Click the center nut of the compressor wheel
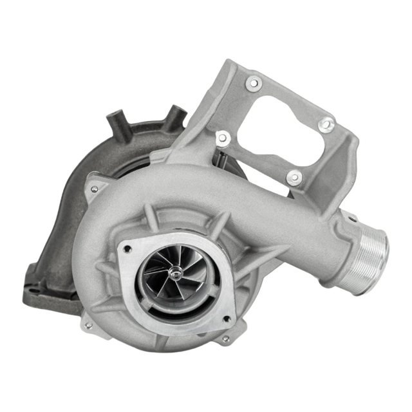174,274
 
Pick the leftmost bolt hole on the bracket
222,137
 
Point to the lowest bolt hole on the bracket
294,178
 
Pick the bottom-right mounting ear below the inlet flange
225,338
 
